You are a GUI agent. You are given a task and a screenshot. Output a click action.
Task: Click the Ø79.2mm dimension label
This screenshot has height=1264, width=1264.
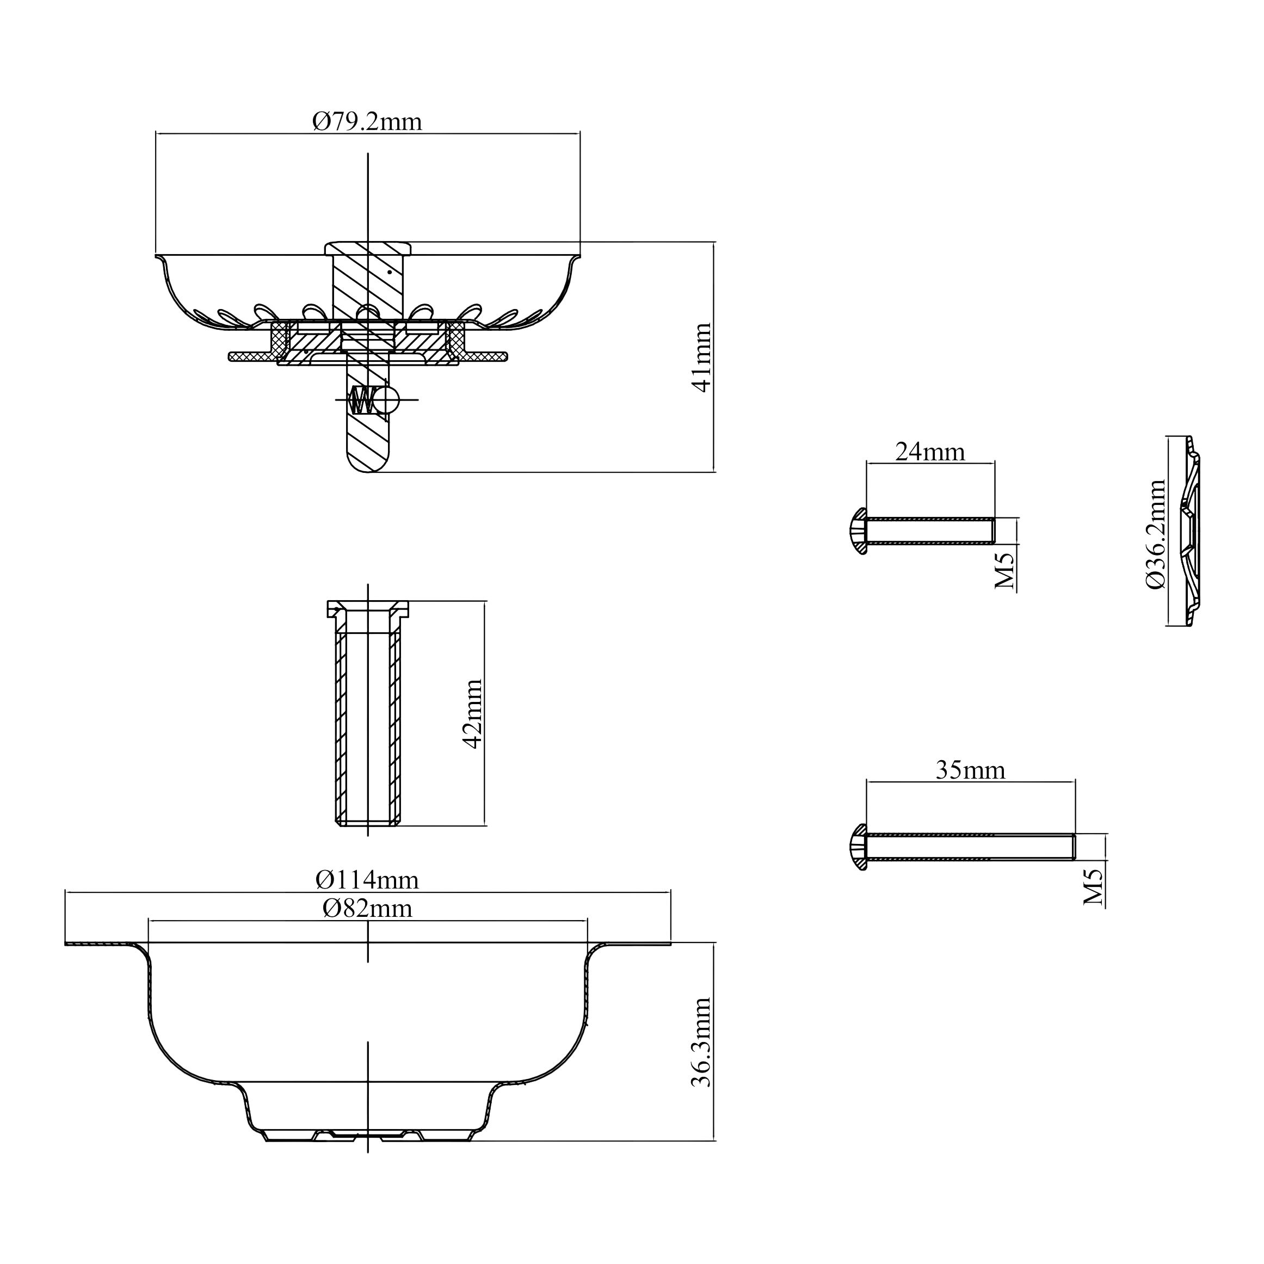368,122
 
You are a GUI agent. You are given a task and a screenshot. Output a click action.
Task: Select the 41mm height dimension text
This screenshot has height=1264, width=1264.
702,357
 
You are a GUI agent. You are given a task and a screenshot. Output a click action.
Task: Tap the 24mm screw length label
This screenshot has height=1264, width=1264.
930,452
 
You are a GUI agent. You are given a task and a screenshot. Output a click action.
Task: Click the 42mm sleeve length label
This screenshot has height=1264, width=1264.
472,714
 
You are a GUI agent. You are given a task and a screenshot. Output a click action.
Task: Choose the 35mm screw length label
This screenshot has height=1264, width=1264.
970,770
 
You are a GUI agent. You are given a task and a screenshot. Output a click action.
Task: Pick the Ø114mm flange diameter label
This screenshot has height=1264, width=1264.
367,880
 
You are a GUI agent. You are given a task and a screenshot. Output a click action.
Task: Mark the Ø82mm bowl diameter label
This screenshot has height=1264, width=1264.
368,908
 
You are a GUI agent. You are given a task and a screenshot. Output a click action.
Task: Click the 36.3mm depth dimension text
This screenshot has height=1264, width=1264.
701,1043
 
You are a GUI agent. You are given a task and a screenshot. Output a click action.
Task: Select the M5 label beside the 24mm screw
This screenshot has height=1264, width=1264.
1005,570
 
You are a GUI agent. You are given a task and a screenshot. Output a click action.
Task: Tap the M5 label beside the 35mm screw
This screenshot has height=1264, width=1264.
1093,887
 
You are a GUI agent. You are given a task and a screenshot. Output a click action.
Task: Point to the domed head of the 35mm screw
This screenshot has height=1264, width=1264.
858,847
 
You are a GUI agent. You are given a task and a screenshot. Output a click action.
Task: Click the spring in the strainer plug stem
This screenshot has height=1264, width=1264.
362,400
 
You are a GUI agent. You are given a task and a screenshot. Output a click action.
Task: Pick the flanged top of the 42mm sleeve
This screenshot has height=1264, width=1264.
368,608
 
